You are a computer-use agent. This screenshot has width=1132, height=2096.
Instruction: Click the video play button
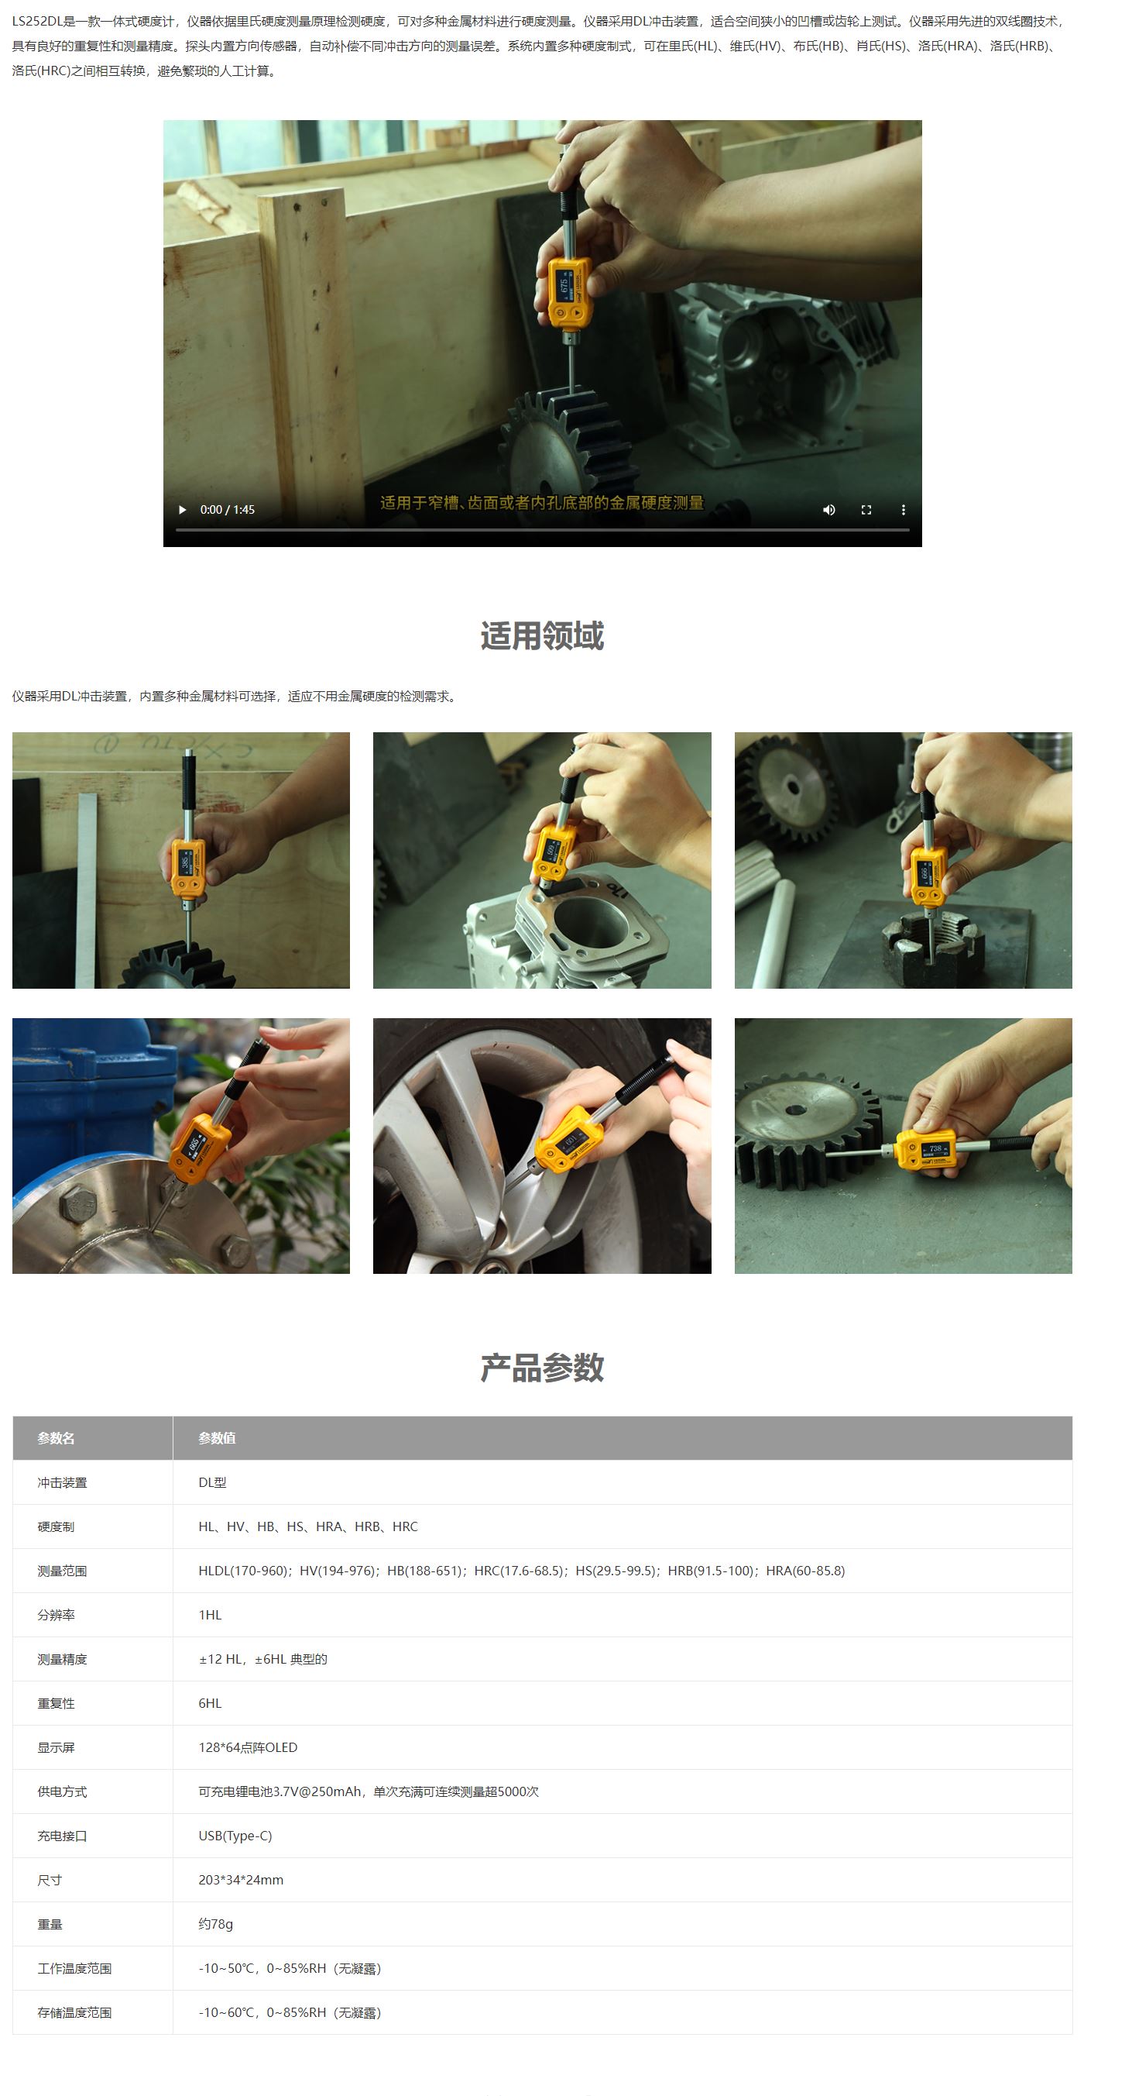[x=182, y=510]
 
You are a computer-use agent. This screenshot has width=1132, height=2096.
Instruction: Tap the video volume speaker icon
[x=828, y=510]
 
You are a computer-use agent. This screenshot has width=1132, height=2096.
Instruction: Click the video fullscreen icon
[x=866, y=510]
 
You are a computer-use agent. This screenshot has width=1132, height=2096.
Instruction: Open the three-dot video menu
[x=903, y=510]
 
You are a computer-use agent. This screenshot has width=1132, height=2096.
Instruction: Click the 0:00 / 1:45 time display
[x=228, y=510]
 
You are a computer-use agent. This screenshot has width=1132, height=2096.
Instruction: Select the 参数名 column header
[x=56, y=1439]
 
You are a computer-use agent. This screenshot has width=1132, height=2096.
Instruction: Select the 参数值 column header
[x=217, y=1439]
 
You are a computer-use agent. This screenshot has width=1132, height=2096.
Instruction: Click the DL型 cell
[x=212, y=1482]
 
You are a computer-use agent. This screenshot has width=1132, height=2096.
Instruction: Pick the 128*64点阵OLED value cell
[x=248, y=1747]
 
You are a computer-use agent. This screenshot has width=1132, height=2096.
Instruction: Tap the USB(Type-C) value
[x=235, y=1836]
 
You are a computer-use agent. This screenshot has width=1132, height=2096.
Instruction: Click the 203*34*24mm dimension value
[x=241, y=1880]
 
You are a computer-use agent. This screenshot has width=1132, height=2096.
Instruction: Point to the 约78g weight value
[x=215, y=1923]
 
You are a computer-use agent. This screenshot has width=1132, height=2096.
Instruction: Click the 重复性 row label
[x=56, y=1703]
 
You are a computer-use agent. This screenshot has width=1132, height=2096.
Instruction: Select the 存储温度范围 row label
[x=74, y=2012]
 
